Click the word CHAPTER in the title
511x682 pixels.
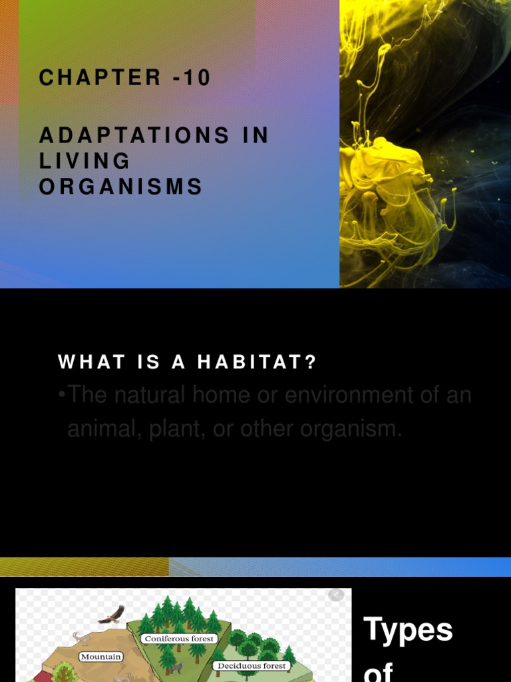pyautogui.click(x=100, y=78)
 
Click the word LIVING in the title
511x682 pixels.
pyautogui.click(x=85, y=161)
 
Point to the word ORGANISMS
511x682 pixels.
pyautogui.click(x=120, y=187)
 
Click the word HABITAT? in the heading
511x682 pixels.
pyautogui.click(x=257, y=362)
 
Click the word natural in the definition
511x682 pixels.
pyautogui.click(x=150, y=395)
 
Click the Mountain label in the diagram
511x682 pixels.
pyautogui.click(x=101, y=657)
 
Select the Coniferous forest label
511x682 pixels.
pyautogui.click(x=179, y=639)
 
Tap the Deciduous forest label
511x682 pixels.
pyautogui.click(x=252, y=665)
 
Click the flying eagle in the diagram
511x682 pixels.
pyautogui.click(x=112, y=615)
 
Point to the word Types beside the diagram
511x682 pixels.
pyautogui.click(x=408, y=629)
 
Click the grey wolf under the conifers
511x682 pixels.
pyautogui.click(x=175, y=667)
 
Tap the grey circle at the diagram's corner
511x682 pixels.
pyautogui.click(x=337, y=594)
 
